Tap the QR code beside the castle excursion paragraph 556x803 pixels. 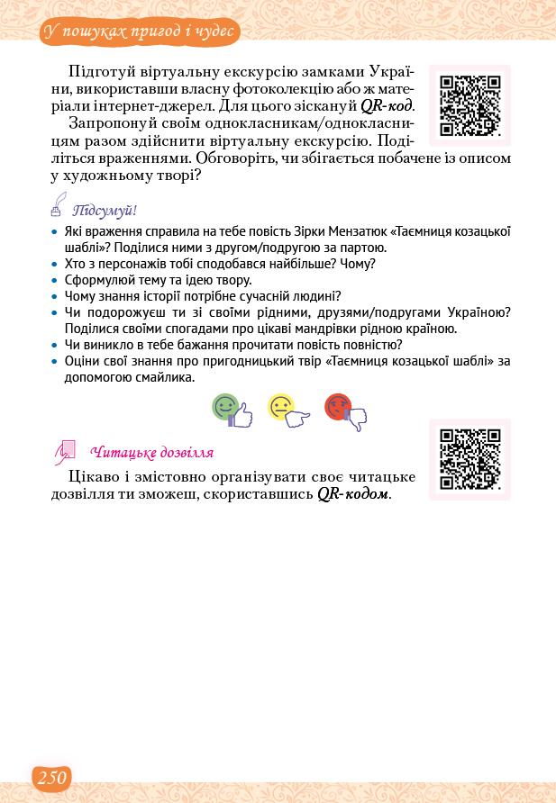click(x=469, y=105)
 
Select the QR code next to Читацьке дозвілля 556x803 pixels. click(x=469, y=459)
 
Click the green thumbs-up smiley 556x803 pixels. click(x=231, y=411)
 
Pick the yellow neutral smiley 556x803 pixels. click(x=287, y=411)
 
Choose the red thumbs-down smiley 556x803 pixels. click(x=345, y=411)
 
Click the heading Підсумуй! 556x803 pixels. click(x=105, y=211)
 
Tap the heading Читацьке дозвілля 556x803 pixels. click(x=151, y=453)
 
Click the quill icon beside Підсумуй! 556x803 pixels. click(x=59, y=205)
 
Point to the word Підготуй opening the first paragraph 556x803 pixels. click(x=102, y=71)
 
